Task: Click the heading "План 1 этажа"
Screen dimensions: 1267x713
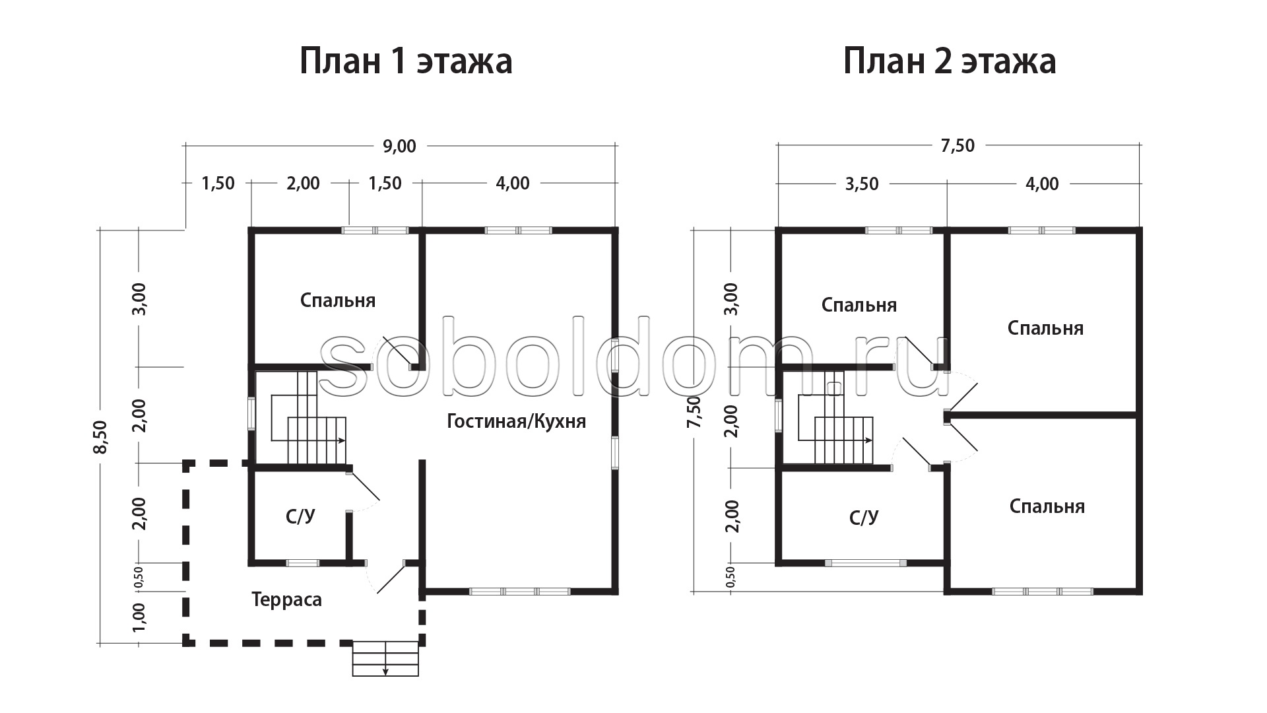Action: click(x=406, y=61)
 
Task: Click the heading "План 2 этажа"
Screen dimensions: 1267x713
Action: click(x=950, y=61)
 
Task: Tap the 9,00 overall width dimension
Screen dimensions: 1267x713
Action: click(x=400, y=146)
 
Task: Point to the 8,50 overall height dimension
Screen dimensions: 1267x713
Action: click(x=100, y=436)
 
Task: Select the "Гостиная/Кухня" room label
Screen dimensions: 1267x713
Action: click(x=517, y=421)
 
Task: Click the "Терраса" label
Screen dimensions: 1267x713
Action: click(x=287, y=599)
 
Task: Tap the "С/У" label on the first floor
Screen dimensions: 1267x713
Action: click(x=301, y=516)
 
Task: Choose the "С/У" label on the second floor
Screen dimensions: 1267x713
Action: click(x=864, y=517)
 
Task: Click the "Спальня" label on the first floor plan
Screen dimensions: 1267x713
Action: click(x=338, y=300)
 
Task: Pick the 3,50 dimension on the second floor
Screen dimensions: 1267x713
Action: click(x=862, y=184)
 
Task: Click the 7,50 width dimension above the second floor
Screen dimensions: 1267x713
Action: click(x=958, y=145)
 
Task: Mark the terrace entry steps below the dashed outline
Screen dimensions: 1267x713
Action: click(x=386, y=658)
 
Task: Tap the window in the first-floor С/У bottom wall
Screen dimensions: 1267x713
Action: click(x=302, y=563)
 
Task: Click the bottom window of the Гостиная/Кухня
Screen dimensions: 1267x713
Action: click(x=520, y=591)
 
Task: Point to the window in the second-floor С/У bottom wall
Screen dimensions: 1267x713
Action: click(x=866, y=563)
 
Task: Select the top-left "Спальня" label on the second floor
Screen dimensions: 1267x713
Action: click(x=859, y=305)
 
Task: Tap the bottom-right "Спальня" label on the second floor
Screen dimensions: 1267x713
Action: click(x=1047, y=506)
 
